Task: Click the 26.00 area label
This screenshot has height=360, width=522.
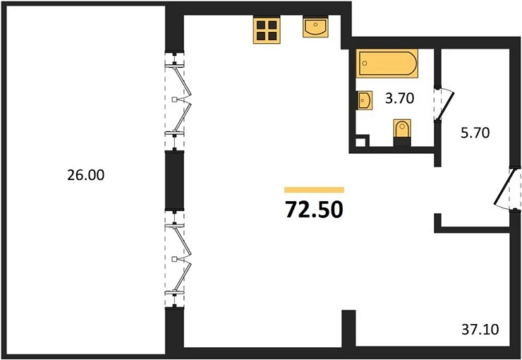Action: coord(85,175)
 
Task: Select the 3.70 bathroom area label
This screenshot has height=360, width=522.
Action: coord(399,98)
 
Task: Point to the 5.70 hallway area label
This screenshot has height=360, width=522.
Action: coord(475,133)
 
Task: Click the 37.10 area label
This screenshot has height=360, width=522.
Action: coord(480,330)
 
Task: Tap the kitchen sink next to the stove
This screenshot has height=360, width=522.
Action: coord(315,27)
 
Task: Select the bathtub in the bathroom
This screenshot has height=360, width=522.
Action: coord(387,64)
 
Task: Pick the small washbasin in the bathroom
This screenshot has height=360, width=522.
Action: coord(364,100)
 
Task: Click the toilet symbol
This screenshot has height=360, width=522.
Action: coord(402,132)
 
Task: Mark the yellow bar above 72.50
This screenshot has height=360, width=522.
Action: coord(314,190)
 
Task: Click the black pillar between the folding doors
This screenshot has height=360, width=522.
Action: coord(174,180)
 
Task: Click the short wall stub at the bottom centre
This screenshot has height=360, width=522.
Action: coord(349,329)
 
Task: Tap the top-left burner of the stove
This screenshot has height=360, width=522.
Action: coord(261,25)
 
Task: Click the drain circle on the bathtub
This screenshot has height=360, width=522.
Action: coord(365,63)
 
